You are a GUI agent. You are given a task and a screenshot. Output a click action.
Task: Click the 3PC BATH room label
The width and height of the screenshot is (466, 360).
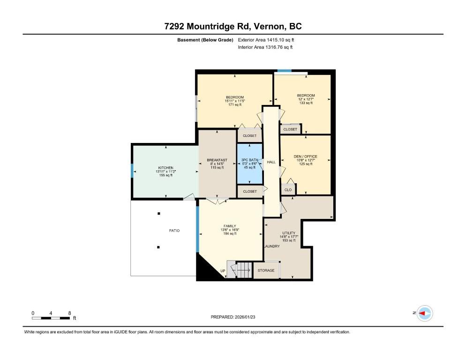click(249, 160)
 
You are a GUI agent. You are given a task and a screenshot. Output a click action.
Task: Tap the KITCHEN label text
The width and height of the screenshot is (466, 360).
click(165, 168)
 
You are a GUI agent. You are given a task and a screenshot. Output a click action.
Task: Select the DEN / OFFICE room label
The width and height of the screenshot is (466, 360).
click(305, 157)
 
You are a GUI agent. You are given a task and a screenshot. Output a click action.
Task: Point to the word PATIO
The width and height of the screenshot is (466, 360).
click(174, 230)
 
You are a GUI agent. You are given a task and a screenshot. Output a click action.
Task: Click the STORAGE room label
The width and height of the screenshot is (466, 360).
click(266, 270)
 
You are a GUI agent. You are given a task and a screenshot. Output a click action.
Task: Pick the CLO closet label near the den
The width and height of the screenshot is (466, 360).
click(288, 190)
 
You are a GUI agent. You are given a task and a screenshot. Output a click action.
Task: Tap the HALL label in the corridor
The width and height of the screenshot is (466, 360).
click(271, 162)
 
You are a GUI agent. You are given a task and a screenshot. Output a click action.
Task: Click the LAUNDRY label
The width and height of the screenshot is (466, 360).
click(272, 246)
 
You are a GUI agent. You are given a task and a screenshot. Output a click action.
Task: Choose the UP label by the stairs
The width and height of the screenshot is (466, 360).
click(223, 271)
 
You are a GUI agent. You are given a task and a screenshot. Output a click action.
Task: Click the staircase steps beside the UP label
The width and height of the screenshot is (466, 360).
click(244, 270)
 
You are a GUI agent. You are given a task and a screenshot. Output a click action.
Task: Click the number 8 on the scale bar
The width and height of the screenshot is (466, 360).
click(69, 313)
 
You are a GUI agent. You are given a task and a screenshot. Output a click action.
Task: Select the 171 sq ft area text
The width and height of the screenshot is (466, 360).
click(235, 105)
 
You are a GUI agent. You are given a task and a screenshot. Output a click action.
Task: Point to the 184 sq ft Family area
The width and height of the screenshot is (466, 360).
click(230, 233)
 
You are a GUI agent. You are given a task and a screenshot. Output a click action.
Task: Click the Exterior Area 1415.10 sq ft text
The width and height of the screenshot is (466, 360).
click(266, 40)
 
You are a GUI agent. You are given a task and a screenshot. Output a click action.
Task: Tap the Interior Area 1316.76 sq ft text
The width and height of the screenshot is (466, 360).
click(265, 47)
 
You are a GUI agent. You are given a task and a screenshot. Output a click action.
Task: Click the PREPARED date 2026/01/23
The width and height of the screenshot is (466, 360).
click(245, 317)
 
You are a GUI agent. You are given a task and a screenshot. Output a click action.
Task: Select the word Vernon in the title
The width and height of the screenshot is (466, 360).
click(270, 26)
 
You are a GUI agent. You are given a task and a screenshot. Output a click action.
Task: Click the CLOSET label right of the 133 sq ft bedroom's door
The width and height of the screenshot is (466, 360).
click(290, 129)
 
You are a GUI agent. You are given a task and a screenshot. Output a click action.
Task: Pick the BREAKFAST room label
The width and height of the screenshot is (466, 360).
click(217, 160)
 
